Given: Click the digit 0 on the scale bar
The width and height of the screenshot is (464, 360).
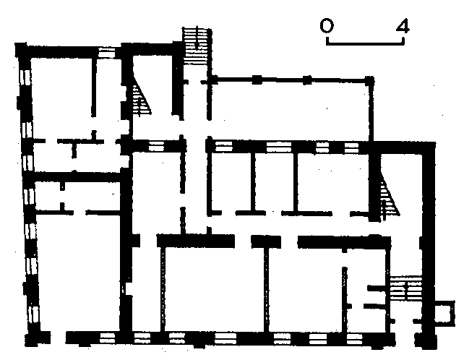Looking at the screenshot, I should pyautogui.click(x=327, y=27).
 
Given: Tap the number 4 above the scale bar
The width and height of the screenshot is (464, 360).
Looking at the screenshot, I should pyautogui.click(x=403, y=27).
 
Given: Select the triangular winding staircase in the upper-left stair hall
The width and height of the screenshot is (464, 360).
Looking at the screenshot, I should pyautogui.click(x=142, y=98).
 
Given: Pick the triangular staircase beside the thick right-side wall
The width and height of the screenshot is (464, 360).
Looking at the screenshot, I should pyautogui.click(x=389, y=201).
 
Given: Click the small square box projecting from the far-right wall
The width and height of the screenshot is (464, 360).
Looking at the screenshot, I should pyautogui.click(x=441, y=312).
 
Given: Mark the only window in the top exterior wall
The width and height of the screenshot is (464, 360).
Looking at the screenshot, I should pyautogui.click(x=107, y=51).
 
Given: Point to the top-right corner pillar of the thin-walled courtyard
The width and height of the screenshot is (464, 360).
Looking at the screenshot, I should pyautogui.click(x=370, y=79).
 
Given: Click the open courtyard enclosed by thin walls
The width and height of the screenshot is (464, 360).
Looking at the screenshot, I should pyautogui.click(x=289, y=108).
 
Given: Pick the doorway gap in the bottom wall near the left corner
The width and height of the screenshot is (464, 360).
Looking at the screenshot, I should pyautogui.click(x=59, y=338).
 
